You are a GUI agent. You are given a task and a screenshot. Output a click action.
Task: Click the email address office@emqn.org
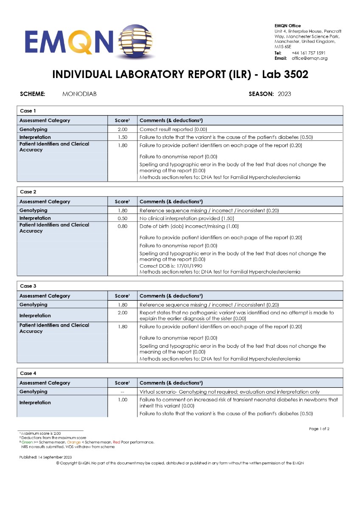coord(309,58)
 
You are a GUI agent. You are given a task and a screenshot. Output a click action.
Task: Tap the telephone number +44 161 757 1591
coord(309,53)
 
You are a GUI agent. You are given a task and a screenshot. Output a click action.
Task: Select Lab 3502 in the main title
coord(285,75)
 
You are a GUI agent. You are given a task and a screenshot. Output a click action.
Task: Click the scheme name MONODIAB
coord(79,94)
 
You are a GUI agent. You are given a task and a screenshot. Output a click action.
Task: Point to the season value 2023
coord(284,94)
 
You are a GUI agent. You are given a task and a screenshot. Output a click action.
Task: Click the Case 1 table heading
coord(28,111)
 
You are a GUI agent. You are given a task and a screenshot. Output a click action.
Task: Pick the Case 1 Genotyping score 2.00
coord(122,129)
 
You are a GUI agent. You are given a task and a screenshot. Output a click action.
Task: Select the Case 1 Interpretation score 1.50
coord(122,137)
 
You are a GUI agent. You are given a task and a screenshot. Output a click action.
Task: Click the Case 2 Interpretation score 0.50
coord(122,218)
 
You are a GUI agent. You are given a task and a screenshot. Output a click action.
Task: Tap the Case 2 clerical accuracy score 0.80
coord(122,226)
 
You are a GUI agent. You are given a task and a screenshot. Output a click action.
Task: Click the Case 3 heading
coord(28,286)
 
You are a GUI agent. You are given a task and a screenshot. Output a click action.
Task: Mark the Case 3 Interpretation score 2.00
coord(122,313)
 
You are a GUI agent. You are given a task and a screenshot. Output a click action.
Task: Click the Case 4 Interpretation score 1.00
coord(122,400)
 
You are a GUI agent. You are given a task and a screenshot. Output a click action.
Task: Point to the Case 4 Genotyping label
coord(34,392)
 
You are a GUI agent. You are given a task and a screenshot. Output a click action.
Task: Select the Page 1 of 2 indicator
coord(319,429)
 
